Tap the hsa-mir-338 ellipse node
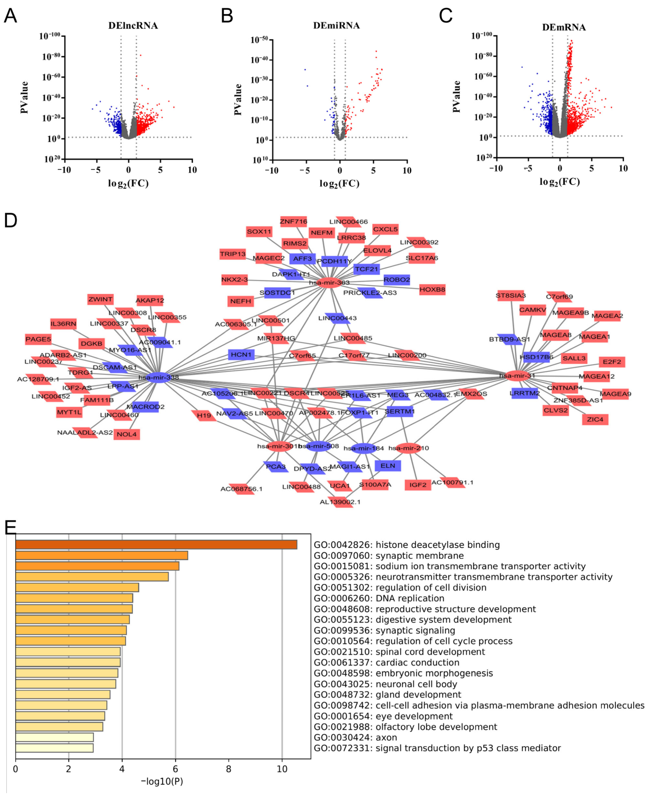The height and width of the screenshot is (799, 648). pyautogui.click(x=159, y=377)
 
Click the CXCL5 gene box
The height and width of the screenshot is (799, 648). pyautogui.click(x=385, y=229)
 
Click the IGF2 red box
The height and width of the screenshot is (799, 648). pyautogui.click(x=418, y=485)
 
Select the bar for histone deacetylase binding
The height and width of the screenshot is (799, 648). pyautogui.click(x=156, y=545)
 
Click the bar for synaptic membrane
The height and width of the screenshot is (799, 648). pyautogui.click(x=102, y=556)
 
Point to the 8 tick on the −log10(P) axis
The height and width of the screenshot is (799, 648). pyautogui.click(x=228, y=770)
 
